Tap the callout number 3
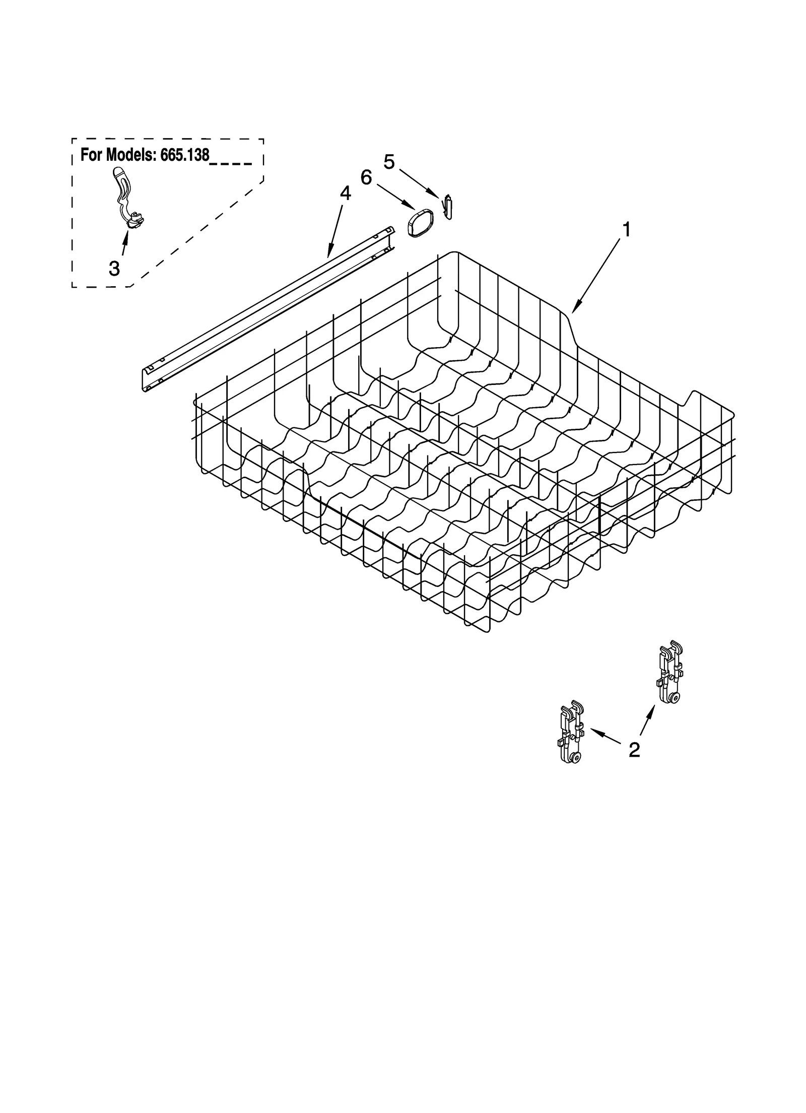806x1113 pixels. pyautogui.click(x=114, y=269)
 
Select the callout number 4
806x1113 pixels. pyautogui.click(x=346, y=193)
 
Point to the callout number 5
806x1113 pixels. pyautogui.click(x=389, y=161)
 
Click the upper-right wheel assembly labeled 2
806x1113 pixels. pyautogui.click(x=670, y=673)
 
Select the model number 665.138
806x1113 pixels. pyautogui.click(x=184, y=155)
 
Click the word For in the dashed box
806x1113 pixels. pyautogui.click(x=91, y=155)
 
